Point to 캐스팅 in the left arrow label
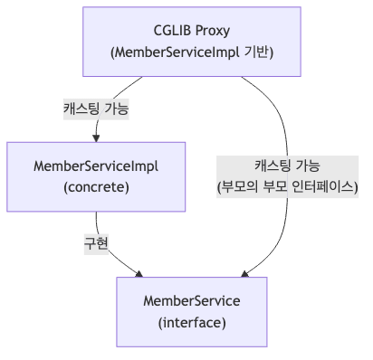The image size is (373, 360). pyautogui.click(x=80, y=109)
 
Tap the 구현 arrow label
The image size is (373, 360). pyautogui.click(x=96, y=243)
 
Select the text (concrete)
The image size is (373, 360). pyautogui.click(x=96, y=187)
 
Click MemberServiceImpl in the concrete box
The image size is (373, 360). pyautogui.click(x=96, y=166)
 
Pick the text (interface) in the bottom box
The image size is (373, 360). pyautogui.click(x=192, y=322)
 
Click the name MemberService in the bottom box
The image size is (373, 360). pyautogui.click(x=192, y=301)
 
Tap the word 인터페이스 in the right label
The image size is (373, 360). pyautogui.click(x=326, y=187)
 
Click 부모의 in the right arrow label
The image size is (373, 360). pyautogui.click(x=239, y=187)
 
